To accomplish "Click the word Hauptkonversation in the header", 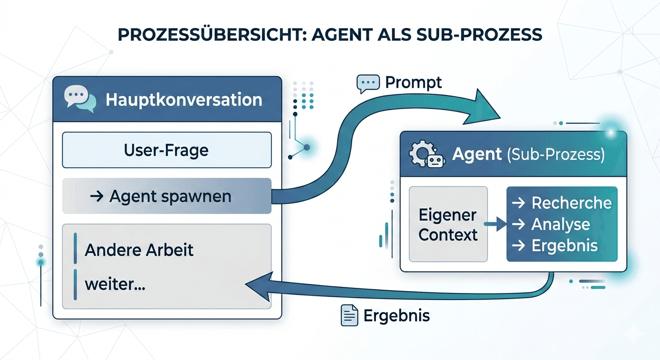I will (x=184, y=100).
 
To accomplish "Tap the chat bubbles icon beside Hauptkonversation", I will (x=80, y=99).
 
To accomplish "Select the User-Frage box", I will (x=166, y=150).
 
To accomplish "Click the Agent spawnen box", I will (x=166, y=196).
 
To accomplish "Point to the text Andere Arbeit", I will (x=139, y=250).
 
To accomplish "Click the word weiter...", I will (x=115, y=284).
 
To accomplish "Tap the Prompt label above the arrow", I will (x=413, y=82).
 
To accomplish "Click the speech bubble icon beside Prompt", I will (x=367, y=83).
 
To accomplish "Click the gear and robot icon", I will (x=426, y=155).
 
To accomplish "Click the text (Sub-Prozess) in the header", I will (x=555, y=155).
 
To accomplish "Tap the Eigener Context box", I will (x=448, y=225).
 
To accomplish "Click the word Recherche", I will (x=571, y=203).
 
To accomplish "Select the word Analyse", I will (x=560, y=225).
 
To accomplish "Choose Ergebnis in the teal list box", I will (x=564, y=246).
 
